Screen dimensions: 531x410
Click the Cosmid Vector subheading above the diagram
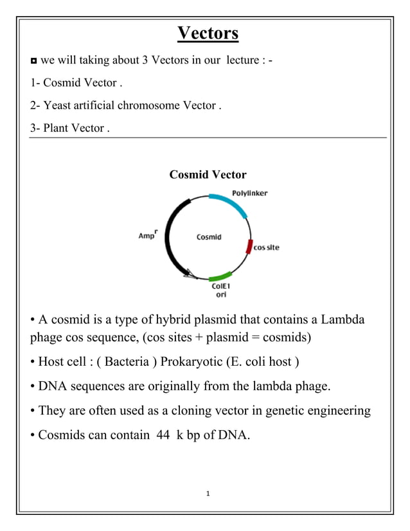tap(208, 175)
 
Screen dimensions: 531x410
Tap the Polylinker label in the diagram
tap(250, 193)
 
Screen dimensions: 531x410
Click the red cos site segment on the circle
tap(249, 245)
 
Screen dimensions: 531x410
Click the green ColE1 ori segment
tap(220, 276)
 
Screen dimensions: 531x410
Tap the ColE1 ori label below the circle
tap(220, 291)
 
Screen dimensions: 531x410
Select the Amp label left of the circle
tap(148, 235)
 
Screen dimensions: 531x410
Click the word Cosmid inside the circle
tap(209, 237)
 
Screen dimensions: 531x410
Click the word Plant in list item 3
tap(55, 128)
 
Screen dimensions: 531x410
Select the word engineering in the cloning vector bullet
tap(335, 410)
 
